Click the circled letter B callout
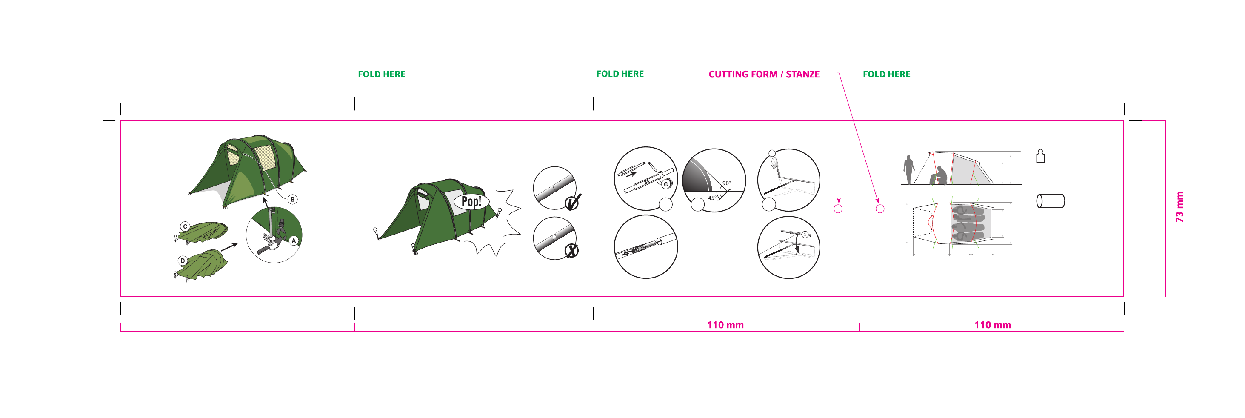click(292, 199)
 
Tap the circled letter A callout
click(293, 240)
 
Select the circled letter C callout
click(185, 226)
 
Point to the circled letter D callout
click(183, 261)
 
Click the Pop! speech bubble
click(471, 201)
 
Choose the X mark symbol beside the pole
click(572, 250)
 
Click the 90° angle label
click(726, 183)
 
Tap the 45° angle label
click(712, 198)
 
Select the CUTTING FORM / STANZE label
click(764, 74)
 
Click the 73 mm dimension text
click(1180, 207)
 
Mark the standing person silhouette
click(908, 169)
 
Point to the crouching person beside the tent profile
click(939, 175)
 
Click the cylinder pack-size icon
click(1051, 201)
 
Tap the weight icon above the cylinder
click(1041, 156)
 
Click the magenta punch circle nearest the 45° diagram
click(838, 209)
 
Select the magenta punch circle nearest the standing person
click(880, 209)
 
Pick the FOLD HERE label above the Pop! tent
click(382, 74)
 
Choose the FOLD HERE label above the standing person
click(886, 74)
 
